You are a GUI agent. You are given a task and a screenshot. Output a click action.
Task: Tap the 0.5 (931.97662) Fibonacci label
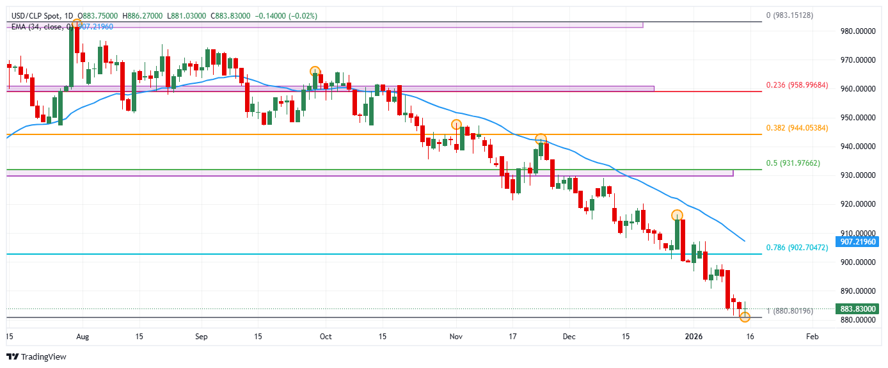[x=793, y=163]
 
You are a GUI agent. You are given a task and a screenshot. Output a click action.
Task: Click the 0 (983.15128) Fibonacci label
[x=790, y=15]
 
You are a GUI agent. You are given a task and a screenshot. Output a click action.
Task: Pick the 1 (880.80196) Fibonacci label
[x=790, y=311]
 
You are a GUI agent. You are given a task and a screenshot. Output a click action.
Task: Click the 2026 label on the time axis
[x=694, y=336]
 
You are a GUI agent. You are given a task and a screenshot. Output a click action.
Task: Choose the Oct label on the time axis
[x=325, y=336]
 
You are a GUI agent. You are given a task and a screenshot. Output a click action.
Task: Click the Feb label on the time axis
[x=812, y=336]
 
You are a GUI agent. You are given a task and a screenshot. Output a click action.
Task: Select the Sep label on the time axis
[x=201, y=336]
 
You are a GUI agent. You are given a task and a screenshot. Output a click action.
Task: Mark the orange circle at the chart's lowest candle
[x=745, y=317]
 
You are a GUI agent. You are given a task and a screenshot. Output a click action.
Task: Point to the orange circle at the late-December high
[x=677, y=215]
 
